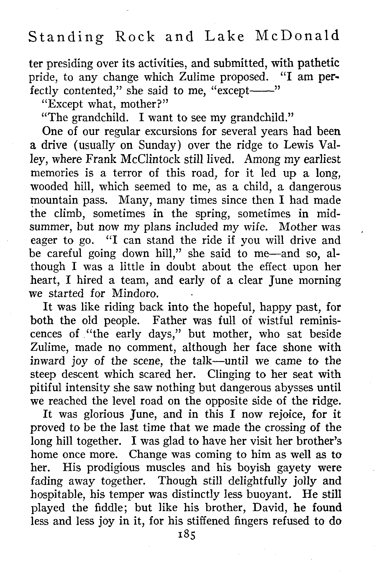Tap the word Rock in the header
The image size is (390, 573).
point(135,37)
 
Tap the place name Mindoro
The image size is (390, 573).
point(136,294)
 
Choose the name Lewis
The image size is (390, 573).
point(302,146)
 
